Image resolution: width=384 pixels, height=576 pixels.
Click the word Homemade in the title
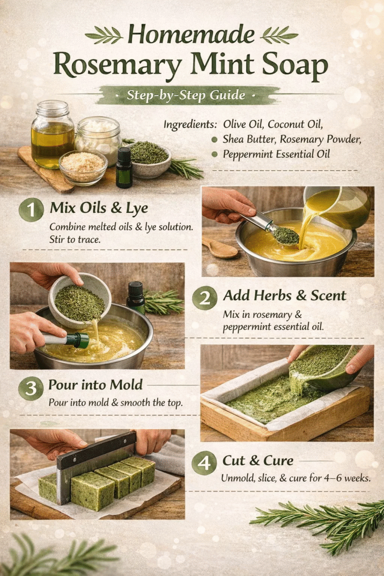click(x=192, y=34)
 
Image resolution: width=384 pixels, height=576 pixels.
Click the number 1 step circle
click(x=31, y=209)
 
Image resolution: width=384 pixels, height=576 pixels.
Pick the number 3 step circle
click(x=31, y=387)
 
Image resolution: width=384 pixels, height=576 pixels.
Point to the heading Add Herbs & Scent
click(x=284, y=295)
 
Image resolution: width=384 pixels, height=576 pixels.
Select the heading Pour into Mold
click(x=95, y=385)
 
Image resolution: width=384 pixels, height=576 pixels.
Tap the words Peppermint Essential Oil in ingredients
click(x=276, y=154)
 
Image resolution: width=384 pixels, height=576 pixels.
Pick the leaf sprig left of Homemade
click(x=103, y=35)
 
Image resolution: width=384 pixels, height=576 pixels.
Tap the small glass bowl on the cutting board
click(x=83, y=166)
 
